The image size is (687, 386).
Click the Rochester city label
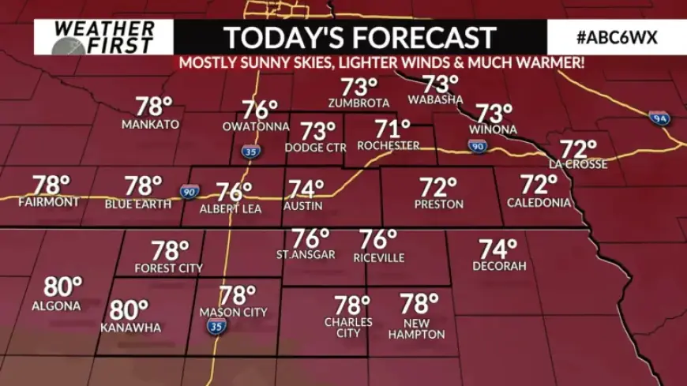point(388,145)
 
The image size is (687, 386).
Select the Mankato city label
point(150,125)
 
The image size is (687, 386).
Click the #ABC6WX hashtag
point(617,38)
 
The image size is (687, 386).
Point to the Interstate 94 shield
point(660,118)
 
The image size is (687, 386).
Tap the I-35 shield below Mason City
point(214,325)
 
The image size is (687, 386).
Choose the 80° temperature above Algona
point(63,287)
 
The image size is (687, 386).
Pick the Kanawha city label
point(131,328)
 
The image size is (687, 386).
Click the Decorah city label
point(499,266)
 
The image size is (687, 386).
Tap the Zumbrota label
point(359,103)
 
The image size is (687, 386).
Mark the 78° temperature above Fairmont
point(52,186)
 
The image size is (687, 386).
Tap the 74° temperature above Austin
point(306,189)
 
